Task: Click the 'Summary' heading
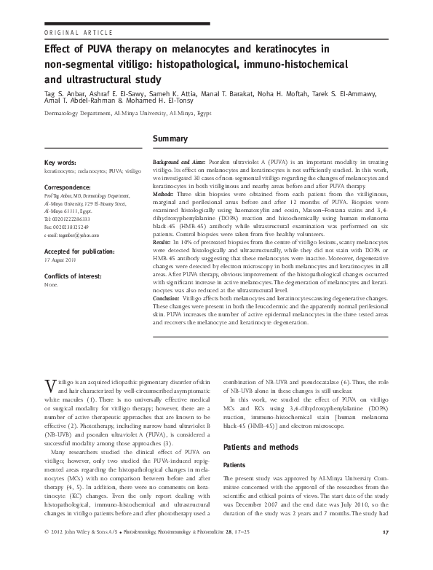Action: (170, 138)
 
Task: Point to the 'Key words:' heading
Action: (63, 162)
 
